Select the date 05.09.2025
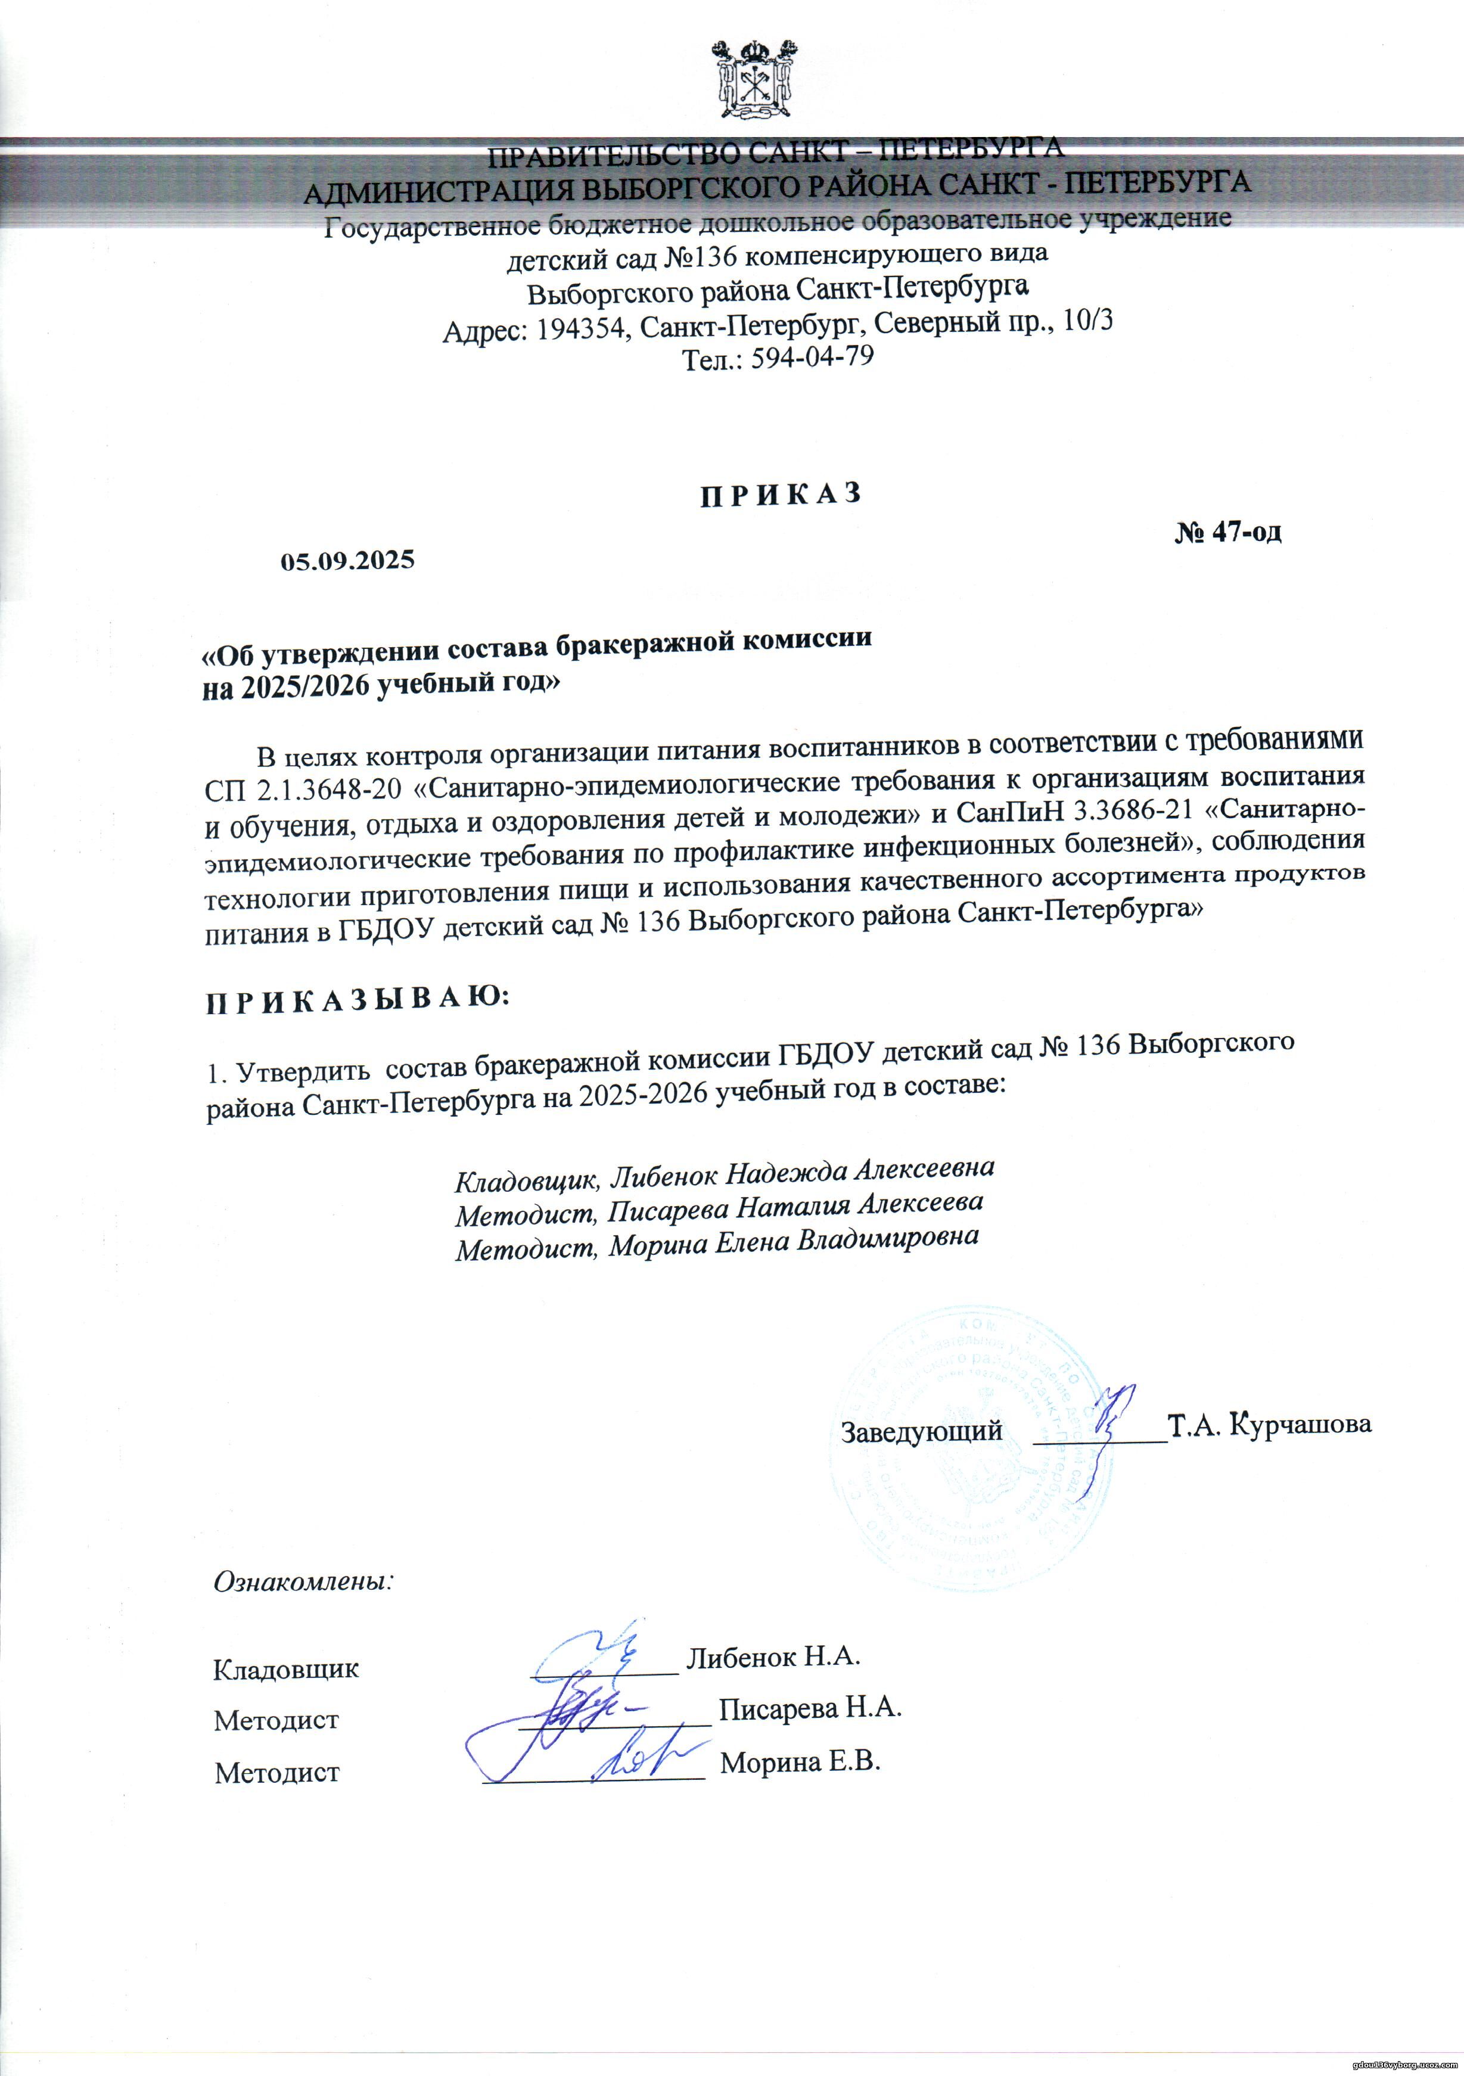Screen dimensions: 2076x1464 click(x=347, y=561)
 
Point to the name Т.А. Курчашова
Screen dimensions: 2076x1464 click(x=1270, y=1425)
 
